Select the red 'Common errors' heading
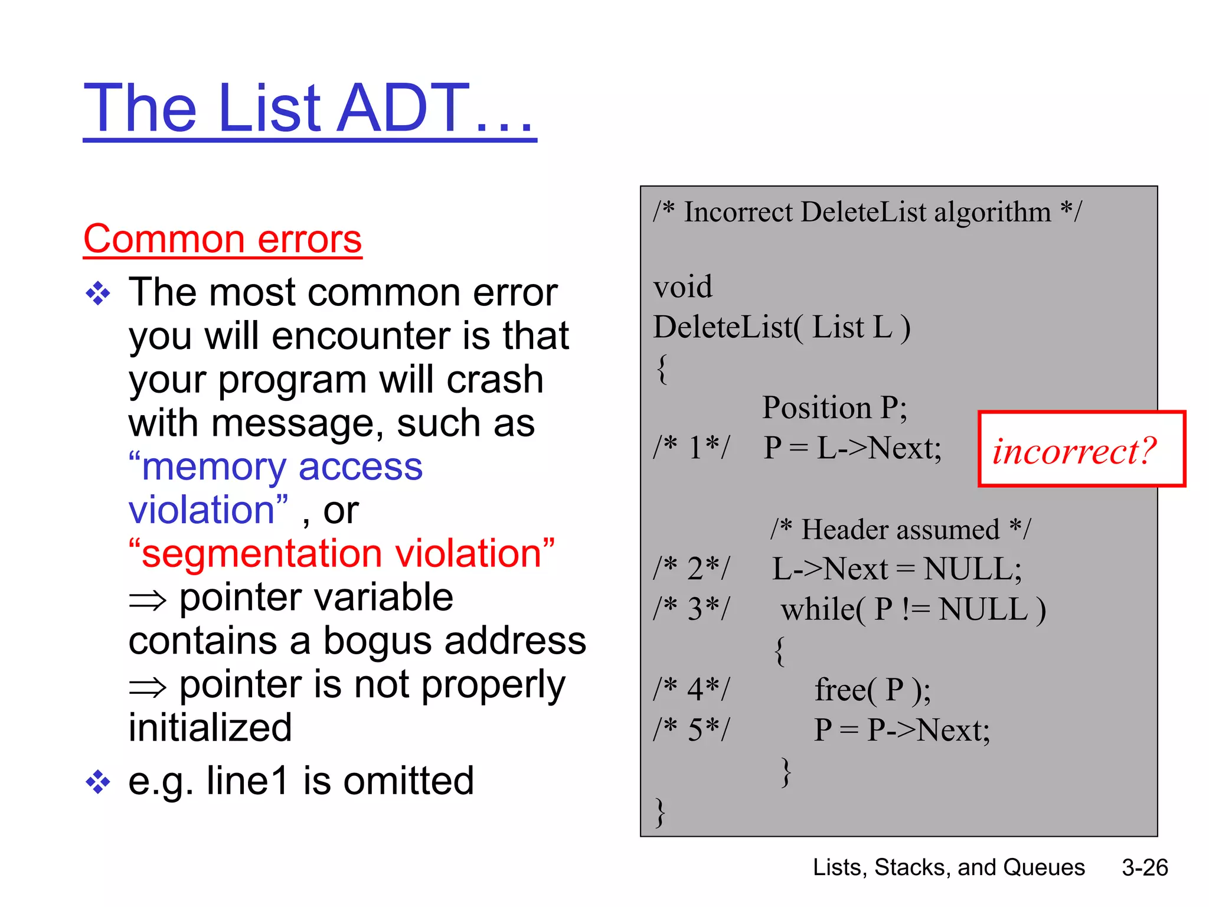(223, 239)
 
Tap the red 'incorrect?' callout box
(1081, 449)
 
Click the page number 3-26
(1145, 867)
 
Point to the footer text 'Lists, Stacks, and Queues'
(949, 867)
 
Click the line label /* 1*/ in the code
(691, 448)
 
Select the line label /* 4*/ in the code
(691, 690)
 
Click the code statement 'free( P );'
(873, 690)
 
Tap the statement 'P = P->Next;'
(901, 730)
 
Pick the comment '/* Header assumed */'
(900, 529)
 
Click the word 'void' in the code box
(682, 287)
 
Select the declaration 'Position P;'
(834, 407)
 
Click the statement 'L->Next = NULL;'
(897, 569)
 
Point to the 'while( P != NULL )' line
(913, 609)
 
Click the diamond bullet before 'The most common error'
(98, 293)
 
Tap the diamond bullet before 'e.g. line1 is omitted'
(98, 782)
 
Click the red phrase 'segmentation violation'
(342, 554)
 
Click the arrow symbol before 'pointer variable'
(148, 600)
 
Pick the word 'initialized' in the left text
(210, 727)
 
